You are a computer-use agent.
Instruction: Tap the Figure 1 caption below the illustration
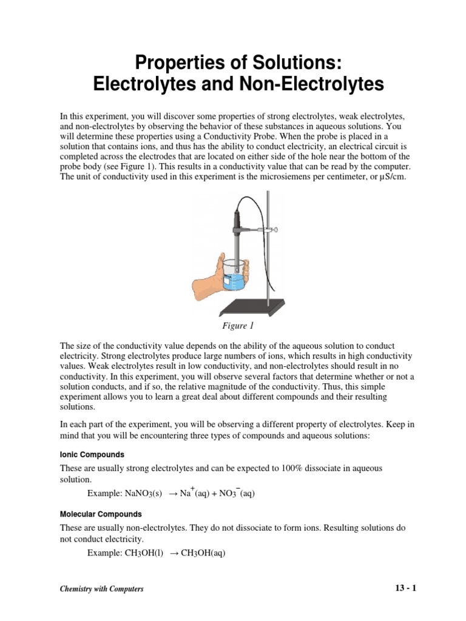pyautogui.click(x=232, y=326)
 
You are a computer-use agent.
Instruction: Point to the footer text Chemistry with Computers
pyautogui.click(x=101, y=589)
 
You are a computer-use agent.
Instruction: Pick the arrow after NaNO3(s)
pyautogui.click(x=172, y=494)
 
